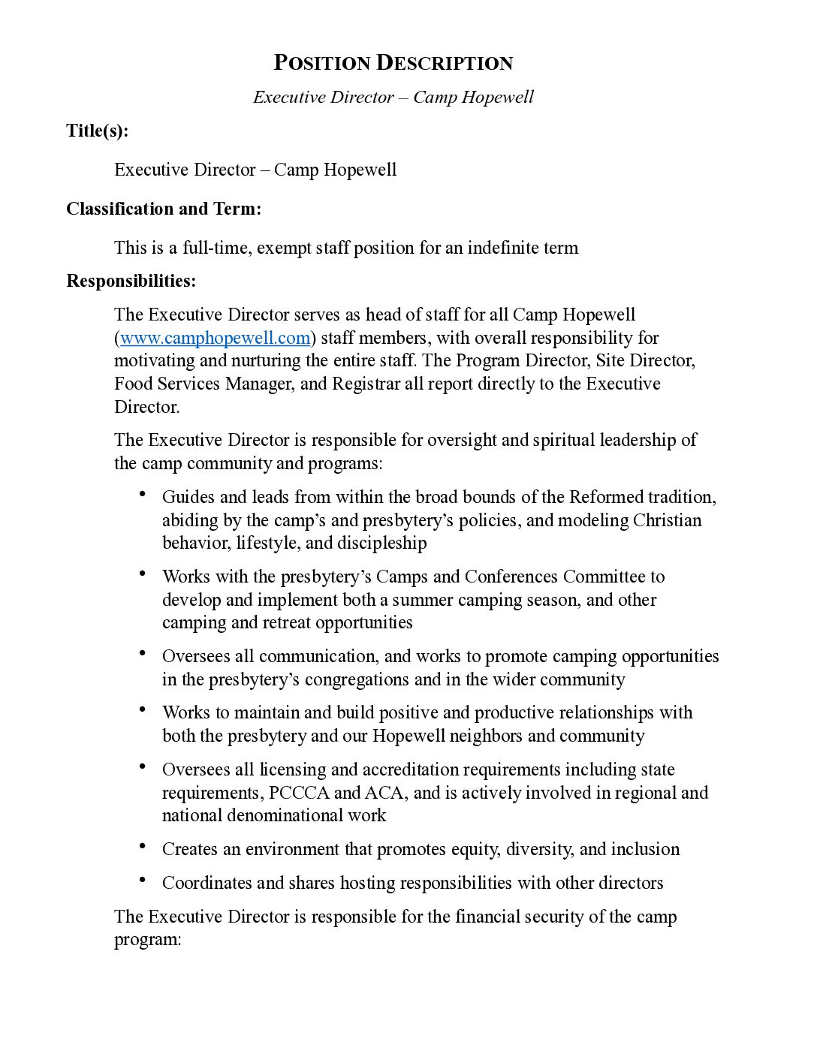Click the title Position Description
(393, 63)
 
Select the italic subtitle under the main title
(393, 98)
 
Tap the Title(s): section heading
(97, 131)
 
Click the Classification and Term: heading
(164, 209)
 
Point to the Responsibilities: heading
(131, 281)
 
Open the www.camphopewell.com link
(215, 338)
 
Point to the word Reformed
(606, 497)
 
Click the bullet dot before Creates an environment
(143, 846)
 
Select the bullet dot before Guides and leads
(143, 494)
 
